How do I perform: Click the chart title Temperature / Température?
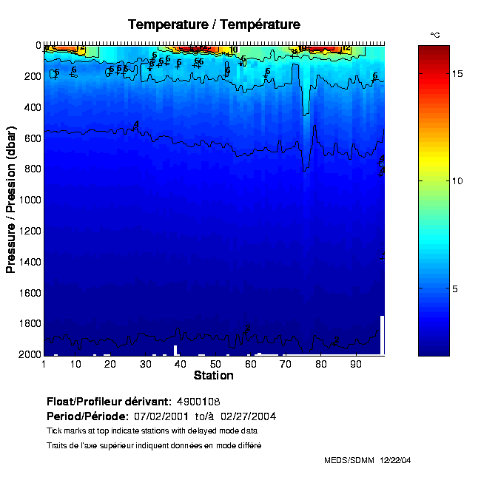(214, 25)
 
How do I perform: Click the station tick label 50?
(215, 364)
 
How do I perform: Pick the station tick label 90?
(355, 364)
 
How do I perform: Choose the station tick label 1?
(44, 364)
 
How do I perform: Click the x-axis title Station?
(213, 376)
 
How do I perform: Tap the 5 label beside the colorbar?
(457, 288)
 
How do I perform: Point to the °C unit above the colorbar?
(435, 35)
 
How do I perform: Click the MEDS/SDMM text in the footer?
(350, 460)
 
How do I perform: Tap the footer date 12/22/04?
(395, 460)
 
